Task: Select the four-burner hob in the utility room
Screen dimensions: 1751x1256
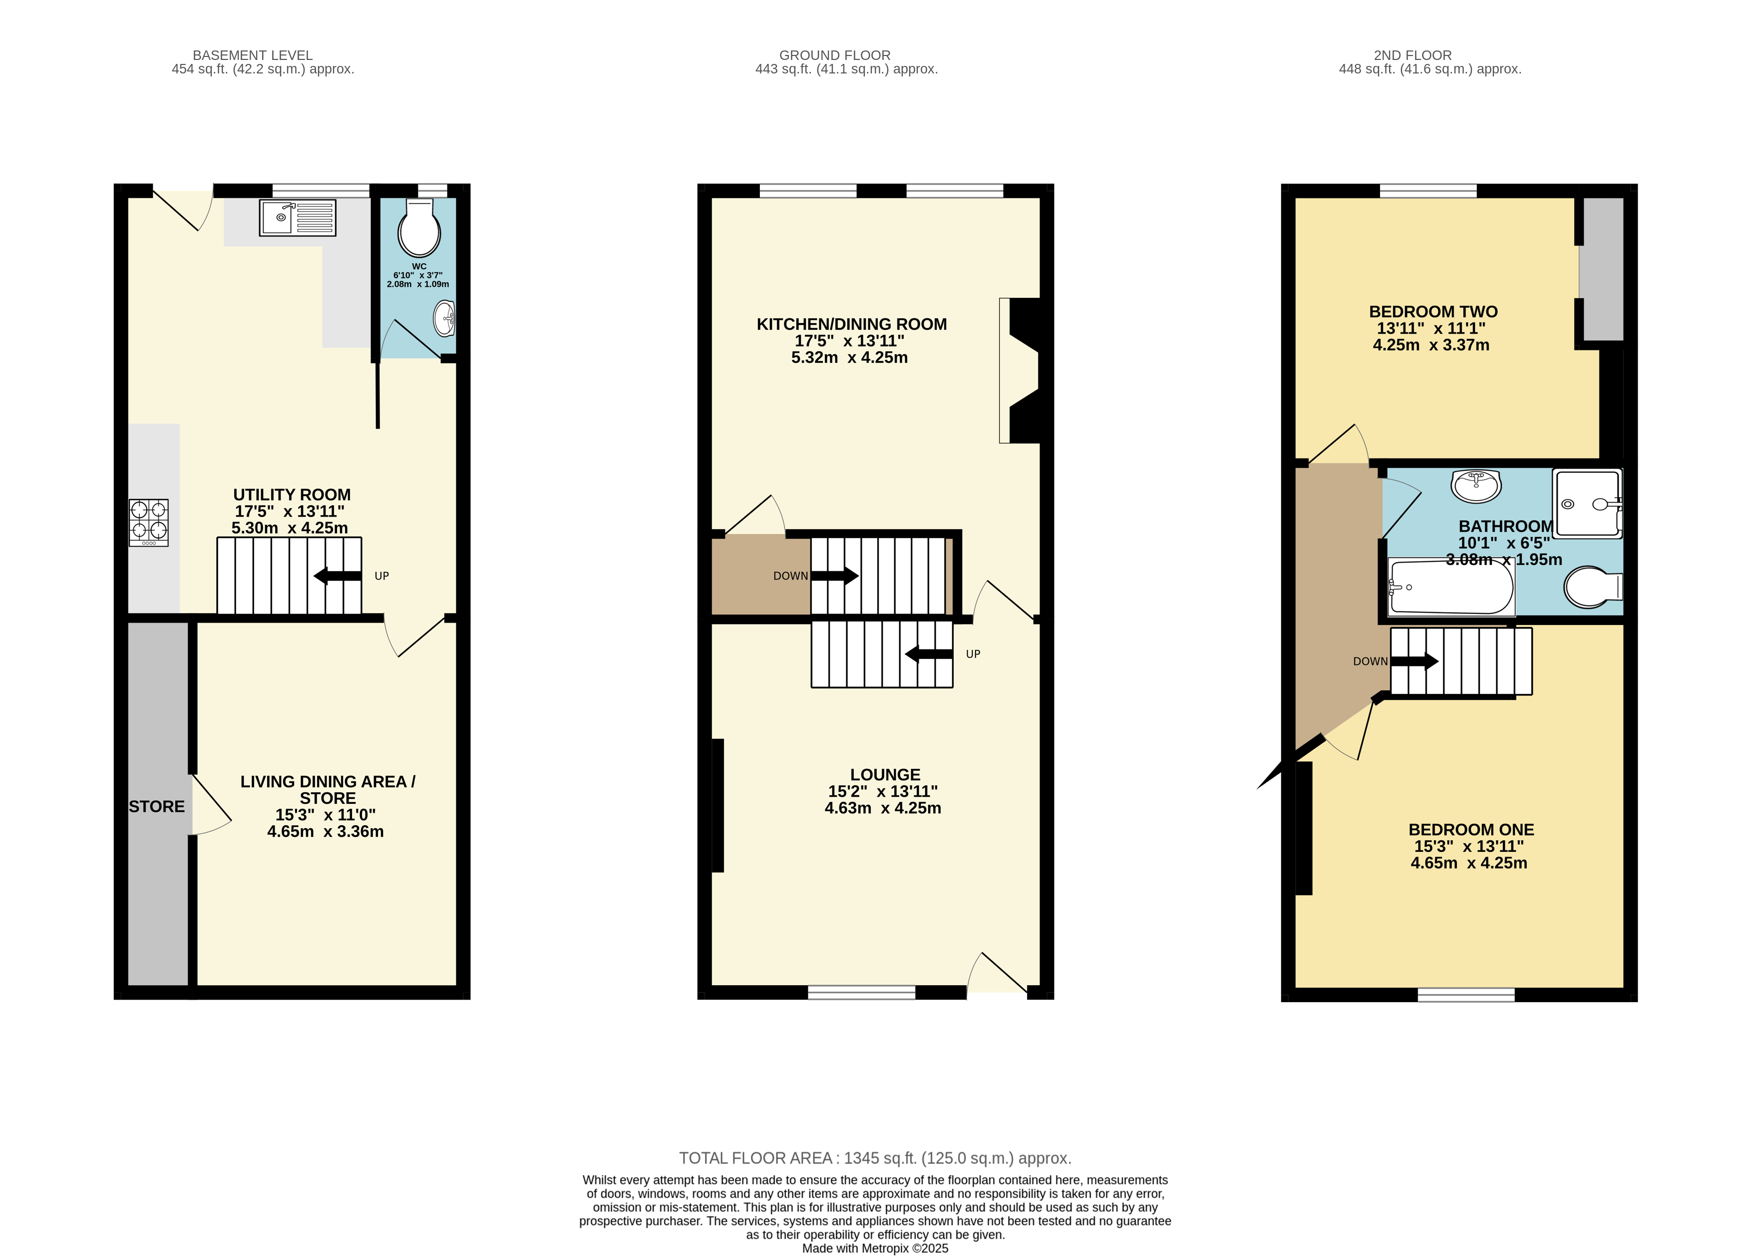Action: [x=149, y=523]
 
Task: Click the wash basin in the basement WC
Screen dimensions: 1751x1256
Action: [x=444, y=318]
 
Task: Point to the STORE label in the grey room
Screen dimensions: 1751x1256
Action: [x=157, y=806]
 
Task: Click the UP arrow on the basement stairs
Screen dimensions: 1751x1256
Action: [x=338, y=576]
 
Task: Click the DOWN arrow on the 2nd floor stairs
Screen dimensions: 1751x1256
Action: [x=1414, y=661]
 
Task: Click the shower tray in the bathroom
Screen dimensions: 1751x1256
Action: [x=1587, y=503]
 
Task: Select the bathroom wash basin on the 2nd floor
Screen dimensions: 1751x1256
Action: [x=1475, y=486]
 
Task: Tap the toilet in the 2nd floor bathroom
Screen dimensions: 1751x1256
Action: [x=1593, y=588]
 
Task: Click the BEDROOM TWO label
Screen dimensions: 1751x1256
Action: [x=1433, y=312]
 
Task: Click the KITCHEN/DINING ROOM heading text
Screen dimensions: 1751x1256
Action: [x=852, y=324]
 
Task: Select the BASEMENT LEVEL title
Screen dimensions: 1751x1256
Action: [x=253, y=55]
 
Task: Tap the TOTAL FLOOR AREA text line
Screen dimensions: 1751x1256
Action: [x=876, y=1158]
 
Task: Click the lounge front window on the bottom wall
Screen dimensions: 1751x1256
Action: [x=862, y=993]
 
